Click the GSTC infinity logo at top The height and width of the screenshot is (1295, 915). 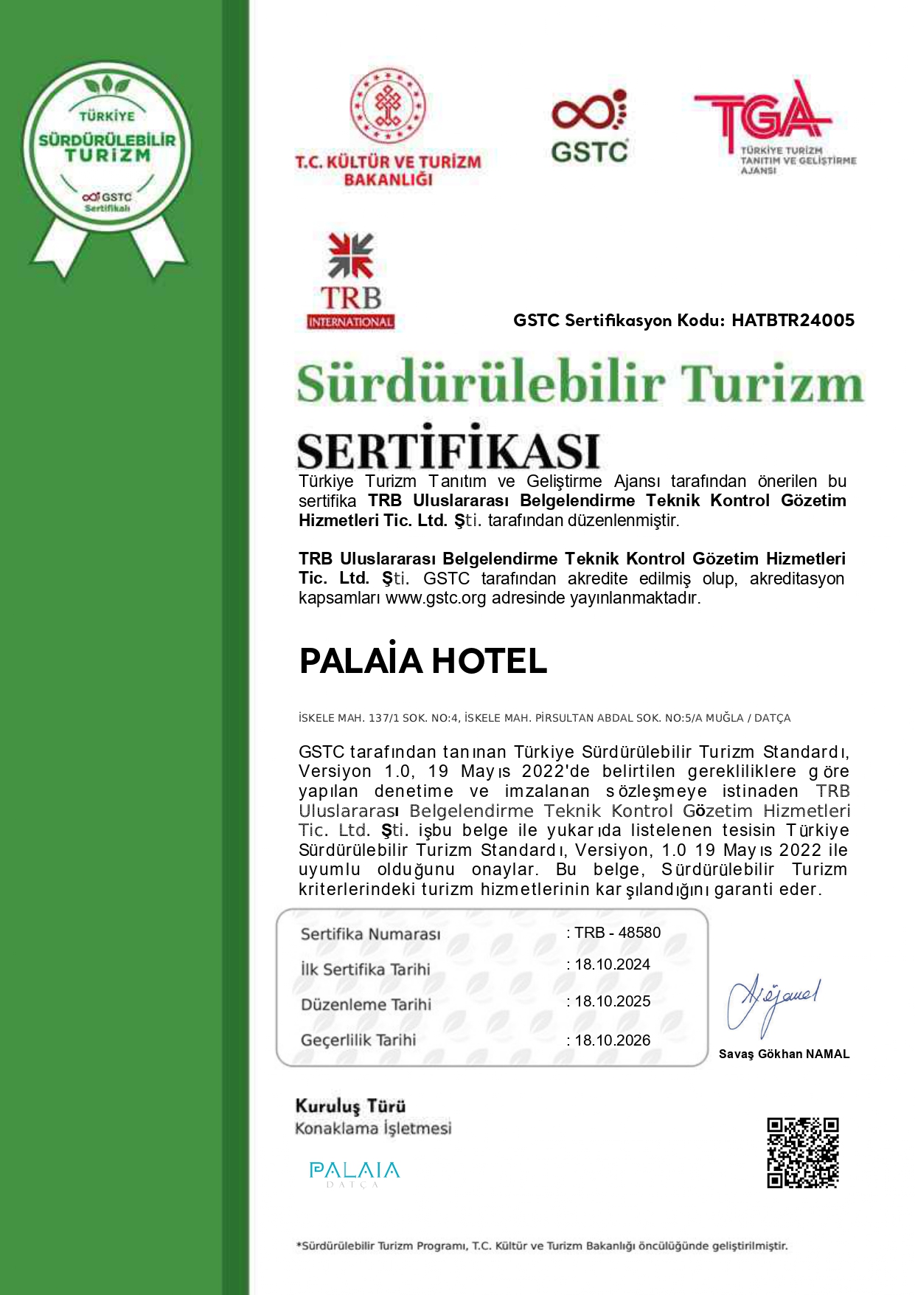point(589,126)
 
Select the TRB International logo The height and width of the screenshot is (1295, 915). point(351,281)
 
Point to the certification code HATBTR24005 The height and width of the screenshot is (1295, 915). point(793,320)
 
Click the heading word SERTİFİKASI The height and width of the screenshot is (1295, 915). point(448,449)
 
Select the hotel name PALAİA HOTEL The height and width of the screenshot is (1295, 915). point(423,661)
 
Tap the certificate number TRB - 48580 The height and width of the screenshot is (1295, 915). point(617,933)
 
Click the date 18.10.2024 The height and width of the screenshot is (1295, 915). point(612,964)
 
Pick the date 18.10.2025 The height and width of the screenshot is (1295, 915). point(612,1001)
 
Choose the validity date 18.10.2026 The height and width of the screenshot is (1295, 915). point(612,1040)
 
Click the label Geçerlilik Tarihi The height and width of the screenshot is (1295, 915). point(358,1040)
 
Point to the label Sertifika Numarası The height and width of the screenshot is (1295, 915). point(370,934)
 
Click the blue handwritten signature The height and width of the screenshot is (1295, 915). point(772,1004)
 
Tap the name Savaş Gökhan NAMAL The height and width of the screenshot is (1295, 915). point(784,1054)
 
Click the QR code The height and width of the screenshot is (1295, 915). point(803,1153)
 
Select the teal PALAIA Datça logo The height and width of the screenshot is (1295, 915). point(354,1173)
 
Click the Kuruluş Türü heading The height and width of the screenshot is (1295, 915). point(350,1106)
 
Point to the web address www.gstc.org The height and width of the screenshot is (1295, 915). point(436,598)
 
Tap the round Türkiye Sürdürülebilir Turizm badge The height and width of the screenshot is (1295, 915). point(108,148)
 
